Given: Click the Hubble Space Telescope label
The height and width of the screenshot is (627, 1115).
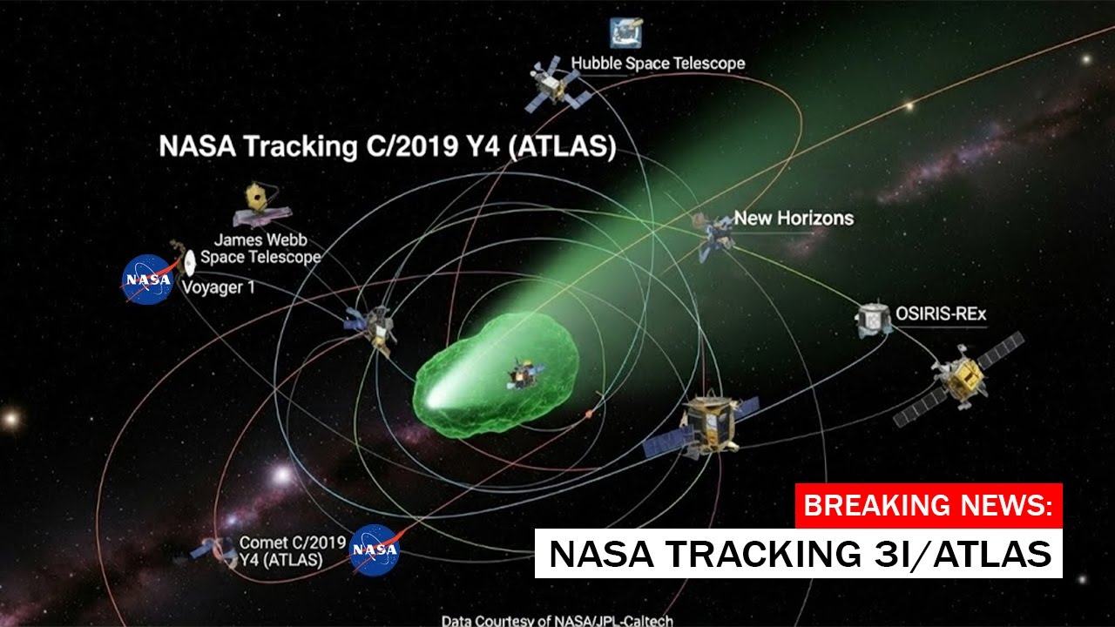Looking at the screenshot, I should tap(658, 64).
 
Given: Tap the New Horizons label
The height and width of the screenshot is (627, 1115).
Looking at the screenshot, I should tap(793, 218).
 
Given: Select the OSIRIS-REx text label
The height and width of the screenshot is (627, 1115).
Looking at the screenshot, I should tap(941, 313).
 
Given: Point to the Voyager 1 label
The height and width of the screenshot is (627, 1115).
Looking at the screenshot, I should tap(218, 287).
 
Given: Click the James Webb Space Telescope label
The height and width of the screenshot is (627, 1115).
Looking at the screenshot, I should tap(260, 248).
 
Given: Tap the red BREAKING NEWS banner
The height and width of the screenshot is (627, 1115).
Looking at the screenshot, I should tap(929, 505).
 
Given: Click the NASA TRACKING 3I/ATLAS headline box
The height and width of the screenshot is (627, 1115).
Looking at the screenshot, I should tap(799, 554).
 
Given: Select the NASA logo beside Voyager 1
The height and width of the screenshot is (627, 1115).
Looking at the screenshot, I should tap(147, 280).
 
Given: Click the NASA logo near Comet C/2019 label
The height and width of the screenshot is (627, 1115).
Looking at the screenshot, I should tap(375, 549).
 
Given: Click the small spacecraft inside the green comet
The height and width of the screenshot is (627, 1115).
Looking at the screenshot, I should tap(524, 375).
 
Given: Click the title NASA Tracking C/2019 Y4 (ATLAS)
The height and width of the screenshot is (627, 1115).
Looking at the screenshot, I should tap(387, 146).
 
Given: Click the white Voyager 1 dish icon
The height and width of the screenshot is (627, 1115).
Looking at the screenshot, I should tap(189, 259).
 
